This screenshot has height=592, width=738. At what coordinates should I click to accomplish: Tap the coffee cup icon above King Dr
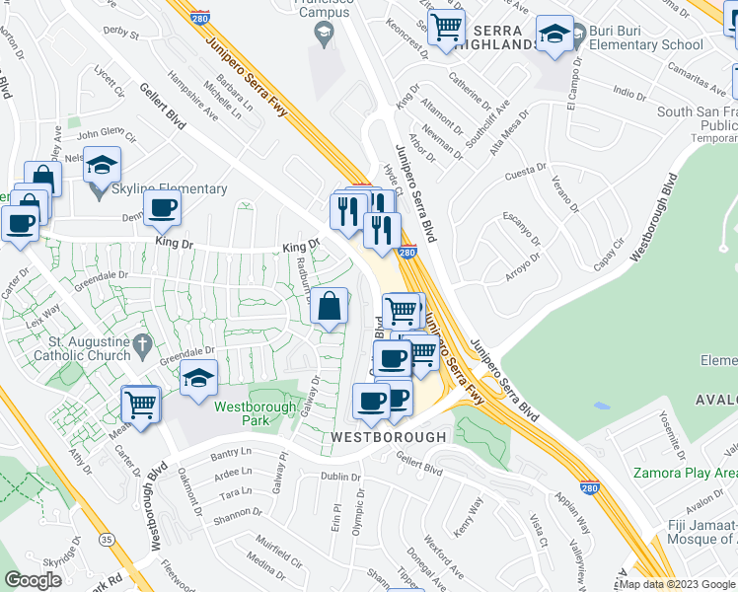(x=162, y=208)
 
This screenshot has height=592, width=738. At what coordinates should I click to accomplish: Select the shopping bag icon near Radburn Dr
(x=330, y=307)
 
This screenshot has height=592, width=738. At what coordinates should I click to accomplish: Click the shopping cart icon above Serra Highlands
(x=447, y=26)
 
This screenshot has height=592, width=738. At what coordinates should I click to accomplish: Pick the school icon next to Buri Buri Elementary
(x=554, y=34)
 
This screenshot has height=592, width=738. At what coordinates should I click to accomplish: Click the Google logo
(x=34, y=580)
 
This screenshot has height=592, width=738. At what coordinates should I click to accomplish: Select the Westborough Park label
(x=242, y=413)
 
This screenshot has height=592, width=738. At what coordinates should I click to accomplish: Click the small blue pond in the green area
(x=601, y=406)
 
